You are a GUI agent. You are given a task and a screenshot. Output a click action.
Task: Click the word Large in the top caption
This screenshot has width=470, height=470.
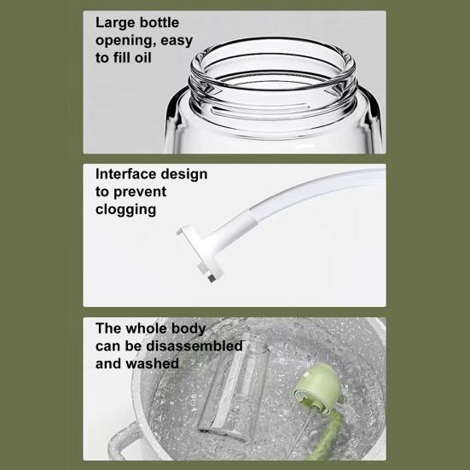tap(117, 22)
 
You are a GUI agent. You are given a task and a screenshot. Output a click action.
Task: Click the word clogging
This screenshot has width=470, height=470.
tap(125, 210)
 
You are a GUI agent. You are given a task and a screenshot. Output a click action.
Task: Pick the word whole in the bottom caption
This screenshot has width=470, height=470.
tap(153, 328)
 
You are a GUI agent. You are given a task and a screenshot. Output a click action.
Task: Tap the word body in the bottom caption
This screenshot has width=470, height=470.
tap(203, 328)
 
